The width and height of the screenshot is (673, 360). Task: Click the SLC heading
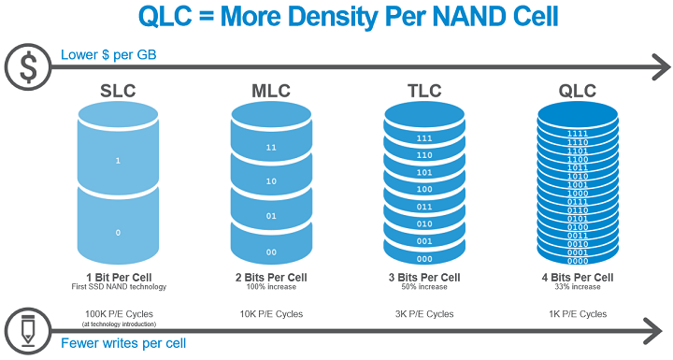120,92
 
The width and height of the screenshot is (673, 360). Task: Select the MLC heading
272,92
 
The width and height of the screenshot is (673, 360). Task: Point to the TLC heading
423,92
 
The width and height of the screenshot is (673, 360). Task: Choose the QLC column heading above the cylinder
577,92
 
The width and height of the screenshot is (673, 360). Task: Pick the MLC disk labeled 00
271,252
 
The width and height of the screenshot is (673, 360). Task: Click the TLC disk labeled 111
423,138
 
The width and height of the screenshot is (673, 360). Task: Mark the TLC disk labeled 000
423,258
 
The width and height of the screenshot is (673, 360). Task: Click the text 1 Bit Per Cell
119,278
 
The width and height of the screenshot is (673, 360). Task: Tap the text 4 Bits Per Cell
577,278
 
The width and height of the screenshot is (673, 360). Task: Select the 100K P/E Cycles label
119,313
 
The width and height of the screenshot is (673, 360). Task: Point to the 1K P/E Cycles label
577,313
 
